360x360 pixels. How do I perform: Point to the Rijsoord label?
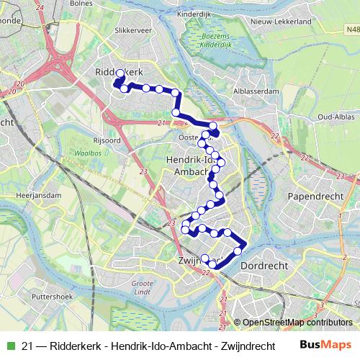pos(107,140)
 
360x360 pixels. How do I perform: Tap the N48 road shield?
pos(351,30)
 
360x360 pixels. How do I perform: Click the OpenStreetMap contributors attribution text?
pos(292,323)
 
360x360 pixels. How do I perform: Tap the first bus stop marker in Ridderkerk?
pos(120,73)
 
